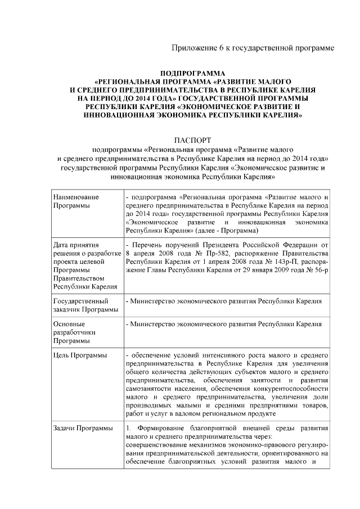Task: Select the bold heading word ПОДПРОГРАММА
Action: coord(192,74)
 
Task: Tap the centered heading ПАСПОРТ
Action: coord(192,140)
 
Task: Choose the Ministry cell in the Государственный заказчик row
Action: coord(224,301)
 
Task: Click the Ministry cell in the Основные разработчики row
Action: coord(224,325)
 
